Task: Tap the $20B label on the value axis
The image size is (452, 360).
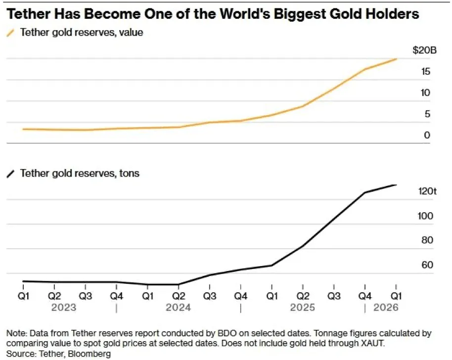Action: [424, 50]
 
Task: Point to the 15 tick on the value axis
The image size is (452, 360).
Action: [425, 72]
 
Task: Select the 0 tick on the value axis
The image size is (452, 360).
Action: [427, 135]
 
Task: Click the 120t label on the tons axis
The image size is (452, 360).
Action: [427, 191]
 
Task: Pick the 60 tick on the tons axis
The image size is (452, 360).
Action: [427, 265]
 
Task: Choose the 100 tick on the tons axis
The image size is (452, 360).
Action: [425, 216]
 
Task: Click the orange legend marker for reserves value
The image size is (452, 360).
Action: [10, 33]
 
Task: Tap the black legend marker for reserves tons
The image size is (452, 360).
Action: [10, 174]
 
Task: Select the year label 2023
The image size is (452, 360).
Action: [64, 307]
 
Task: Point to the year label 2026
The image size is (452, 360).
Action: [386, 307]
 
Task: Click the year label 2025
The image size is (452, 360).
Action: [302, 307]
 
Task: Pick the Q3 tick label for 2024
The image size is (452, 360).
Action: [210, 296]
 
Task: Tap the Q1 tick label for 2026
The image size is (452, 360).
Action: [396, 296]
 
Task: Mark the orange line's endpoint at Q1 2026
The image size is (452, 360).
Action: [396, 59]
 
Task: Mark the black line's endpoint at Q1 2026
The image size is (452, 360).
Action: [396, 185]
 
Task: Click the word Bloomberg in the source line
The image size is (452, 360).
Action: [89, 354]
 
